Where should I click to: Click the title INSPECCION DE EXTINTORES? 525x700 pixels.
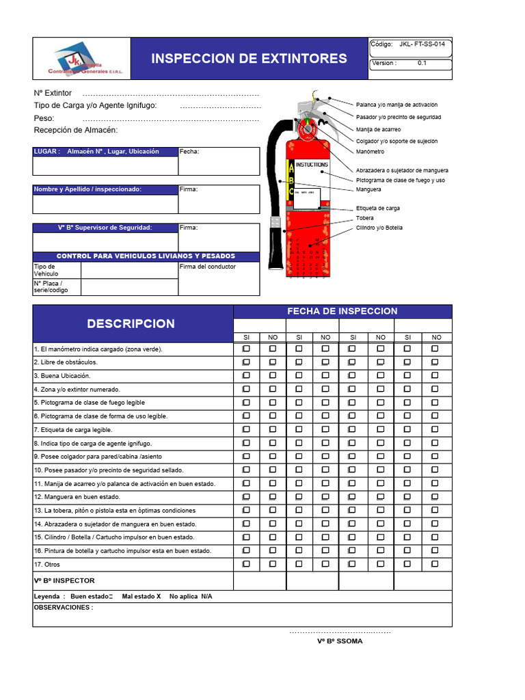249,59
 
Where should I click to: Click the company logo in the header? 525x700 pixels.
81,59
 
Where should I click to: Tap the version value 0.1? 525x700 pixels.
422,63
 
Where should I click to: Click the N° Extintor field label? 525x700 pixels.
53,93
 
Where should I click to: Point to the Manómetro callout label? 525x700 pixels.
370,151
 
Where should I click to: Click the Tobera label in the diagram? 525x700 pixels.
365,218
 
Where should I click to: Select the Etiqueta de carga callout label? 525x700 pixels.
378,208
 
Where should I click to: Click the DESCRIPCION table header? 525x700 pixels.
131,323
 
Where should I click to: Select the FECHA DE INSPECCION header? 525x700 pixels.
342,311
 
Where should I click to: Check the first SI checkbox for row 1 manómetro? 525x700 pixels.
246,349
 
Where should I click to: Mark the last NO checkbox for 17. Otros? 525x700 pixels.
434,564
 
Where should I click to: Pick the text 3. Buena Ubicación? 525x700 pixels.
62,376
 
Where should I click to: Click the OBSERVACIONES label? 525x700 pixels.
63,607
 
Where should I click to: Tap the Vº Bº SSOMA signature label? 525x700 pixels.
340,641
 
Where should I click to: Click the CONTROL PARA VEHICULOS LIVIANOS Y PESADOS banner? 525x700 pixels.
146,256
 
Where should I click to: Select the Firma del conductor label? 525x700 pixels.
208,267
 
